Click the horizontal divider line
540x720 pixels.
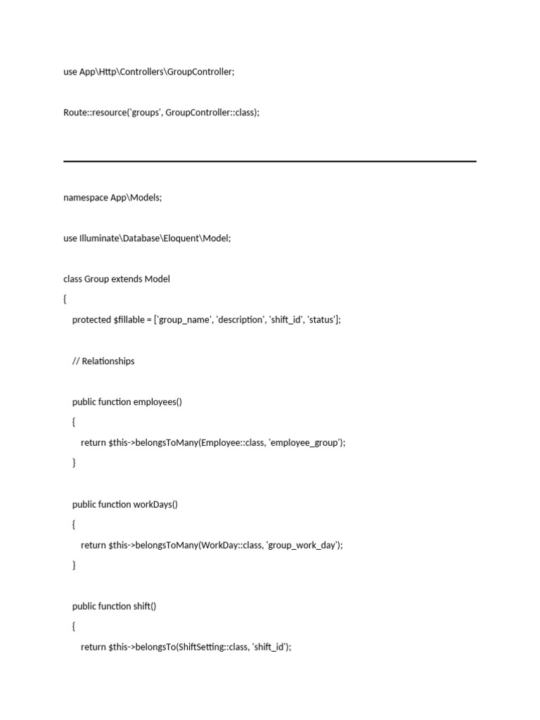(270, 162)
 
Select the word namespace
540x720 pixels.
(85, 198)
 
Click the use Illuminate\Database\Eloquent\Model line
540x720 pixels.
(147, 238)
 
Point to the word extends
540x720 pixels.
(127, 279)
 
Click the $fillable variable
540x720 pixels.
(129, 320)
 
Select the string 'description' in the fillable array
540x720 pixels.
(240, 320)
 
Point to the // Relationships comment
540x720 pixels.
(103, 361)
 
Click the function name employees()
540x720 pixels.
(157, 402)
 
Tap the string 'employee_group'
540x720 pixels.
(306, 443)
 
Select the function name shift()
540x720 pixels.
(145, 606)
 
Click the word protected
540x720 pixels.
(91, 320)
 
